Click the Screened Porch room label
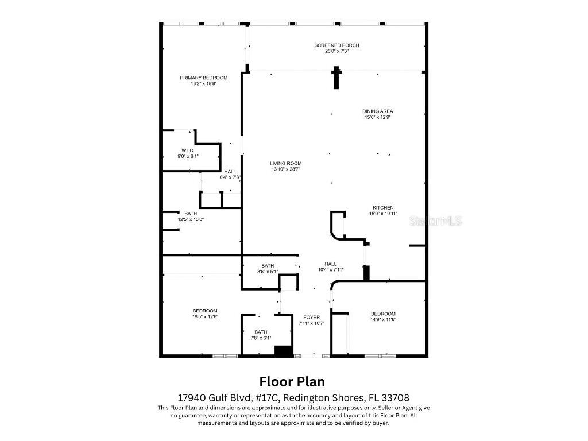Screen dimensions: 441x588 pos(336,45)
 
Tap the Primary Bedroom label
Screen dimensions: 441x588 pos(203,78)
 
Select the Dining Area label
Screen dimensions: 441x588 pos(377,111)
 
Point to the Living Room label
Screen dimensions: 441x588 pos(285,163)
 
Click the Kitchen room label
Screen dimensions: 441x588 pos(383,207)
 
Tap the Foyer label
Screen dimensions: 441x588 pos(312,317)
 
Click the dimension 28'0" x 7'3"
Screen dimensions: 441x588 pos(336,51)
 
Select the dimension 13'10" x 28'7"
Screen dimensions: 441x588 pos(285,169)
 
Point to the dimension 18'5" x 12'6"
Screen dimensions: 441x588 pos(205,316)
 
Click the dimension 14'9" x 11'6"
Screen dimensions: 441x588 pos(383,319)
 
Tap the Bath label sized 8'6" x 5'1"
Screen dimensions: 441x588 pos(268,265)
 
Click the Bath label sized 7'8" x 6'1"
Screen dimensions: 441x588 pos(261,332)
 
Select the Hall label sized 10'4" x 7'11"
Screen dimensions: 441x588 pos(330,264)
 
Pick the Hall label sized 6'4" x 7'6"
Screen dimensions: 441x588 pos(230,171)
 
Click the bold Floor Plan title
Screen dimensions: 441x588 pos(292,381)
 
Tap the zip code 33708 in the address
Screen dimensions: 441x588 pos(394,397)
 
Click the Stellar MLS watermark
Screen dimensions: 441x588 pos(435,221)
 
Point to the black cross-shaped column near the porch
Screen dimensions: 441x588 pos(336,78)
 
